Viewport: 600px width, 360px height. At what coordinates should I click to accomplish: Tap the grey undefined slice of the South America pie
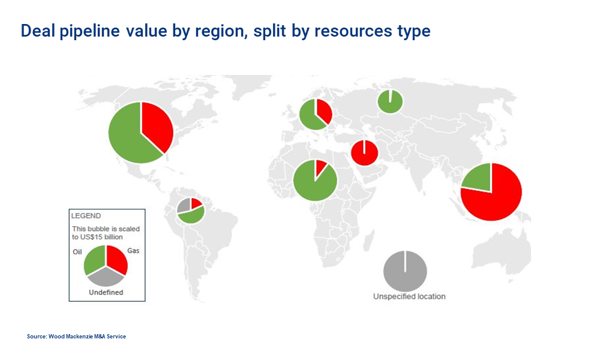(184, 205)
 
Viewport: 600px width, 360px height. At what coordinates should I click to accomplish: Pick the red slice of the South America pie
(196, 203)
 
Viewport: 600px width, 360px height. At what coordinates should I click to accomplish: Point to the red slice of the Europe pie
(323, 111)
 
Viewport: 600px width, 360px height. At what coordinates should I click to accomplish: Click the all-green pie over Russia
(390, 101)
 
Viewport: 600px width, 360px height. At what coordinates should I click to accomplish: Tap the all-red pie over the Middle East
(365, 152)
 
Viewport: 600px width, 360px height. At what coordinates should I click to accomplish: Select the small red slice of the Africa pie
(320, 167)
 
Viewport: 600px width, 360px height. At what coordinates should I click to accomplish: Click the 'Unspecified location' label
(409, 296)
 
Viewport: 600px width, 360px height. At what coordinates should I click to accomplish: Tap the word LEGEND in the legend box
(86, 216)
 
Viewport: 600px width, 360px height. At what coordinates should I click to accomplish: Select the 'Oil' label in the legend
(77, 252)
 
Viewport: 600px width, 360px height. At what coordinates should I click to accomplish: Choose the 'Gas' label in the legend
(133, 251)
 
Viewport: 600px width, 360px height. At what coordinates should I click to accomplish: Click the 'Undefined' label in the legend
(106, 292)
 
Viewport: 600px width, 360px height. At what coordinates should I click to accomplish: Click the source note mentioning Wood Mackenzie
(76, 337)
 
